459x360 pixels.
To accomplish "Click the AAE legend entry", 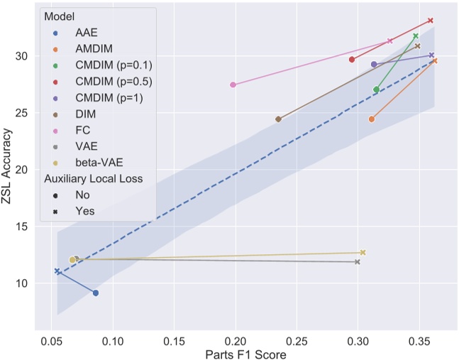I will pyautogui.click(x=86, y=33).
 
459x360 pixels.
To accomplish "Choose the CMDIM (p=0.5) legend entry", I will pyautogui.click(x=113, y=82).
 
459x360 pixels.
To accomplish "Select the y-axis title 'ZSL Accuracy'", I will pyautogui.click(x=9, y=168).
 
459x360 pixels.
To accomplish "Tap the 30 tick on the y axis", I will pyautogui.click(x=22, y=56).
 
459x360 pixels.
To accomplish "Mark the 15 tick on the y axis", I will pyautogui.click(x=22, y=227).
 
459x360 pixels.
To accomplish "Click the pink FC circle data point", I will pyautogui.click(x=233, y=84).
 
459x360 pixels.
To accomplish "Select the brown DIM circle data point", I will pyautogui.click(x=278, y=119).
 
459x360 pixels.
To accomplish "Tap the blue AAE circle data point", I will pyautogui.click(x=96, y=293).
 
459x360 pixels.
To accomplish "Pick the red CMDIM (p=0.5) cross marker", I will pyautogui.click(x=431, y=21).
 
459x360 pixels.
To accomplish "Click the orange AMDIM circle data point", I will pyautogui.click(x=372, y=119).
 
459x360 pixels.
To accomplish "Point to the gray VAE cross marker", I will pyautogui.click(x=358, y=262).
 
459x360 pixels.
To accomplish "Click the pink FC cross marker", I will pyautogui.click(x=390, y=41).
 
